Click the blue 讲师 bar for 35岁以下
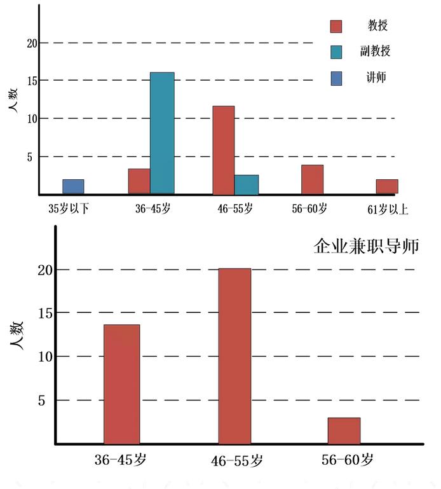[x=73, y=186]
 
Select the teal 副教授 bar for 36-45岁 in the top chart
[x=162, y=133]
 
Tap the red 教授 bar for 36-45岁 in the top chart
[x=139, y=181]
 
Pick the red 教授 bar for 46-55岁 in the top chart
[x=223, y=150]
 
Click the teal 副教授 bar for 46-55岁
[x=247, y=184]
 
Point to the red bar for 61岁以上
[x=386, y=186]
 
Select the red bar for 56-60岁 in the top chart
[x=312, y=179]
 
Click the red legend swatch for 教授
[x=336, y=26]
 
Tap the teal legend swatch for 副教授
[x=336, y=52]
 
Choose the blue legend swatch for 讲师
[x=336, y=78]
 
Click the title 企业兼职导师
[x=367, y=246]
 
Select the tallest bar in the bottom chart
[x=234, y=356]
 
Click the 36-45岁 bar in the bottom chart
[x=121, y=384]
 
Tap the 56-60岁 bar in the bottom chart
[x=344, y=430]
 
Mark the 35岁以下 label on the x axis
[x=69, y=209]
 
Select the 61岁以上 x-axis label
[x=387, y=209]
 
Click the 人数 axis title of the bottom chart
[x=18, y=333]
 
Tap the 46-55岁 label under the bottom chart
[x=236, y=460]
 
